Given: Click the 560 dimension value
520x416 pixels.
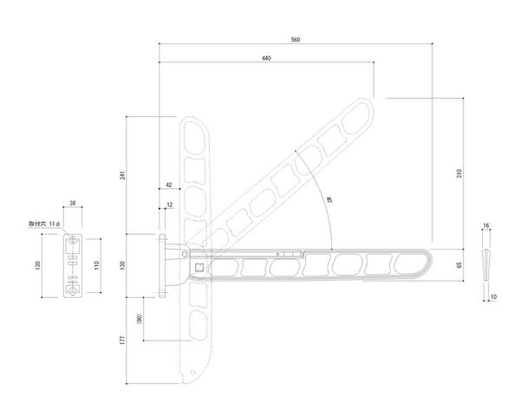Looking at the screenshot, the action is point(296,40).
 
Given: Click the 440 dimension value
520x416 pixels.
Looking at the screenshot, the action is point(266,58).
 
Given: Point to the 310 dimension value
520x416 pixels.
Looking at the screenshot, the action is point(459,173).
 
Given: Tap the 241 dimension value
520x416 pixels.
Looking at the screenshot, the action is point(123,175).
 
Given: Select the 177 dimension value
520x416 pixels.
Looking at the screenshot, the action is point(123,341).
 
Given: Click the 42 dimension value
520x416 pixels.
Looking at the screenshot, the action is point(169,185).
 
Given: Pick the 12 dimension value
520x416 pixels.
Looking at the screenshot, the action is point(170,205).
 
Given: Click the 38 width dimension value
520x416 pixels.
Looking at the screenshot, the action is point(73,203).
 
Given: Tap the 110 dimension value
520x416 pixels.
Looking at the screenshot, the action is point(96,265).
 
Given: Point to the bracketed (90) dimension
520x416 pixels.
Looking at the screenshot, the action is point(140,319).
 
